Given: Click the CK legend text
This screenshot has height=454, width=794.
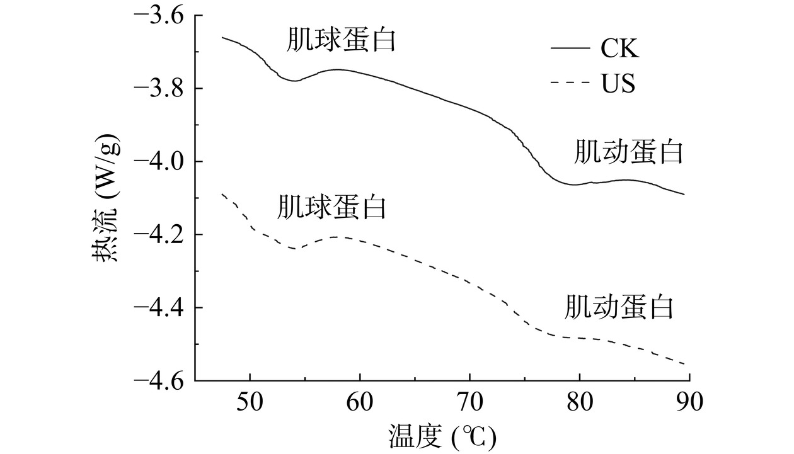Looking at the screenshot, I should pos(619,48).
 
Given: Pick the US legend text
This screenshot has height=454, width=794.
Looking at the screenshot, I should pos(618,84).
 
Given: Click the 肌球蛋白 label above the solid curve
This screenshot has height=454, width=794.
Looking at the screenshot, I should pos(341,41).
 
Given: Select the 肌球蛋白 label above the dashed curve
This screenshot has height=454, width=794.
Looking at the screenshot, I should pos(331,207).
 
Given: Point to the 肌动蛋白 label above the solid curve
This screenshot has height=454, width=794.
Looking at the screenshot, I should pos(628,152).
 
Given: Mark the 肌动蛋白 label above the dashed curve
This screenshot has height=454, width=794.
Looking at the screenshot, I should pos(619,307).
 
